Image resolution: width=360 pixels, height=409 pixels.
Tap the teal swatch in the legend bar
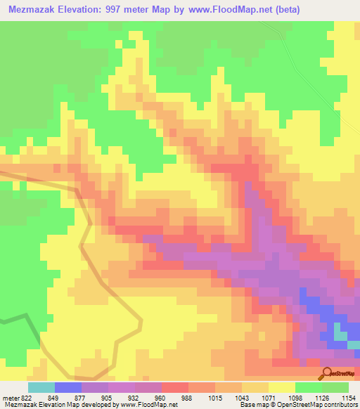41,387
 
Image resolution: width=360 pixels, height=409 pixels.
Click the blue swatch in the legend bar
68,387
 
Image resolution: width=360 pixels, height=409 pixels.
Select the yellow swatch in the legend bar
282,387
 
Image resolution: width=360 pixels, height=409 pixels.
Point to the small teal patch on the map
340,335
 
